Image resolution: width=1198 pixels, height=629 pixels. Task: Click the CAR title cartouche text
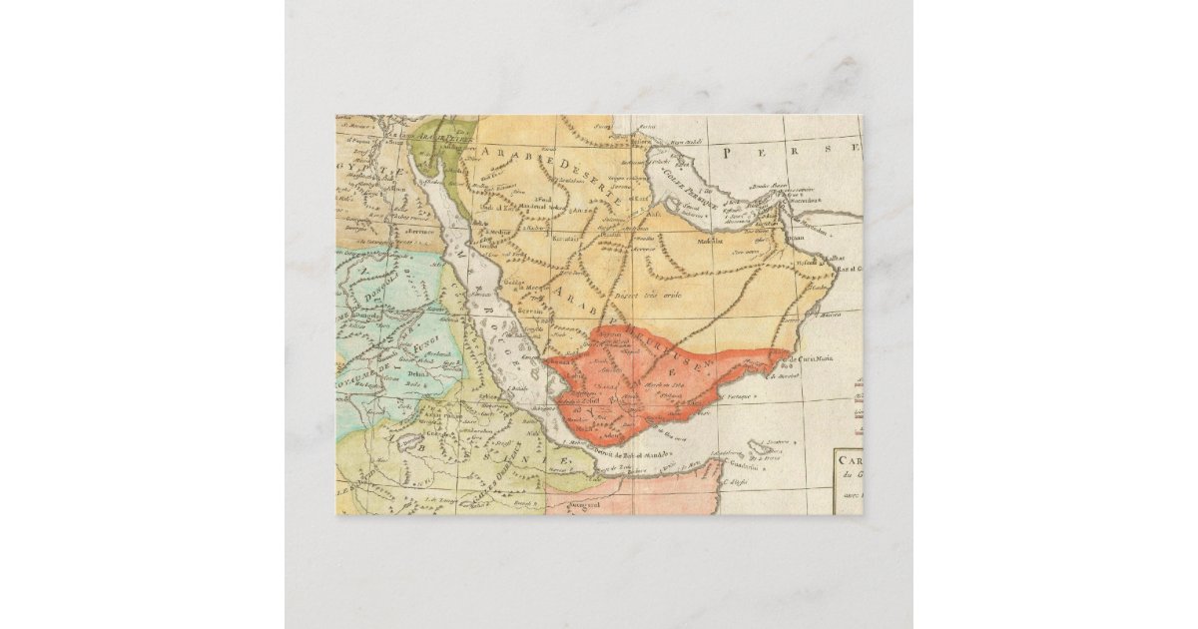(x=848, y=461)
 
